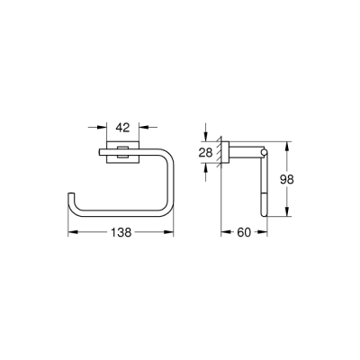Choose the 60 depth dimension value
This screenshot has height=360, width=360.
[243, 231]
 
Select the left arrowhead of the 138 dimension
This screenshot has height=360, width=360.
[71, 231]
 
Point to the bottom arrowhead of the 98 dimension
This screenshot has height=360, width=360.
[287, 216]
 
